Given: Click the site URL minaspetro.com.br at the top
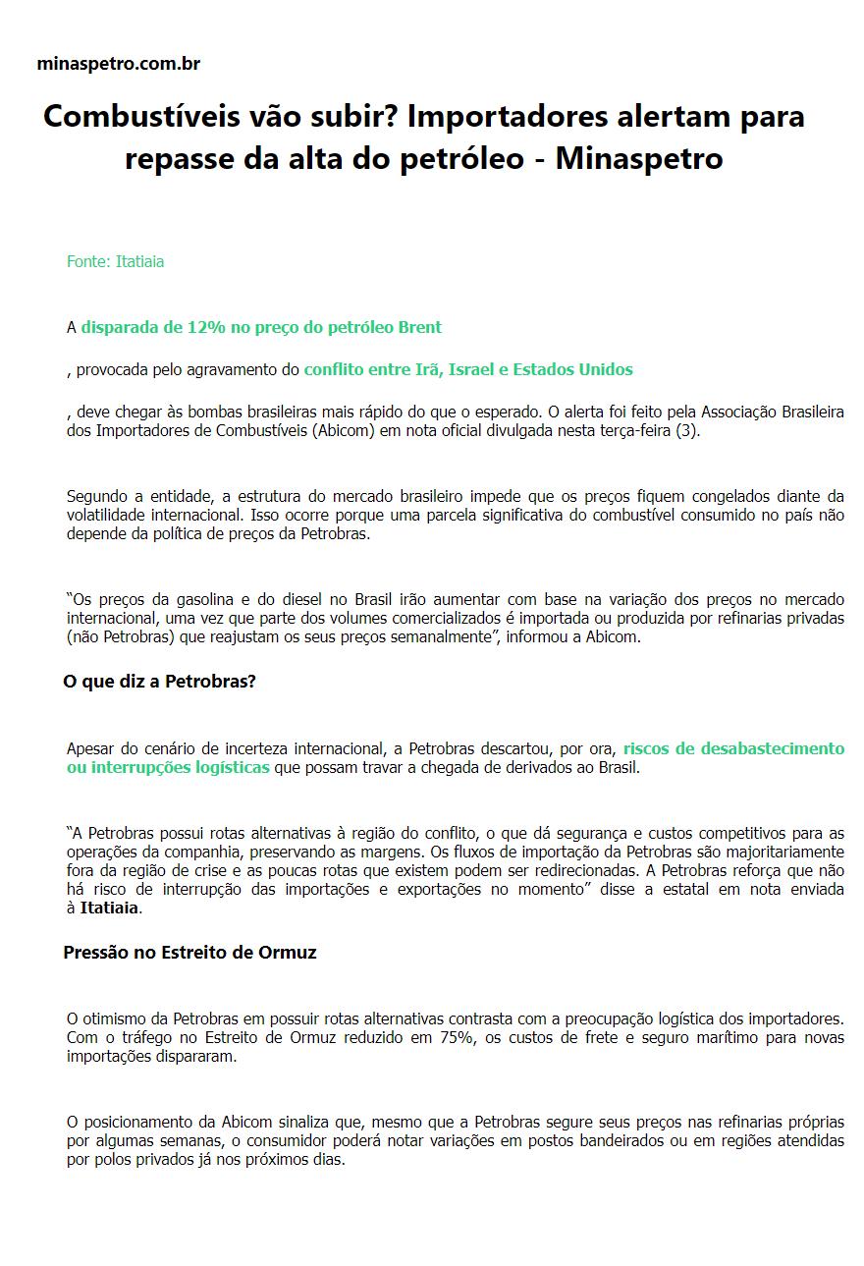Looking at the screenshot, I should click(118, 64).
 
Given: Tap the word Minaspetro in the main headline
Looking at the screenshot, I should click(639, 158).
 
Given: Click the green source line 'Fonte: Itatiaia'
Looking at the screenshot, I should click(115, 261).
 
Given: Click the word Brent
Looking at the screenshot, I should click(420, 327).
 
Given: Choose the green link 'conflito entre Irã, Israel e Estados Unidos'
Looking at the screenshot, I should click(468, 369).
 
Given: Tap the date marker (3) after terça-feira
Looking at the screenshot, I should click(689, 431).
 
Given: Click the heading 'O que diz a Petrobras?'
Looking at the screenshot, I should click(159, 681).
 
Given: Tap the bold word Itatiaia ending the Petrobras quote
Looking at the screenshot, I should click(109, 908).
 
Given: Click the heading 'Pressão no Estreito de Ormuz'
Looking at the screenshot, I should click(189, 952).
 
